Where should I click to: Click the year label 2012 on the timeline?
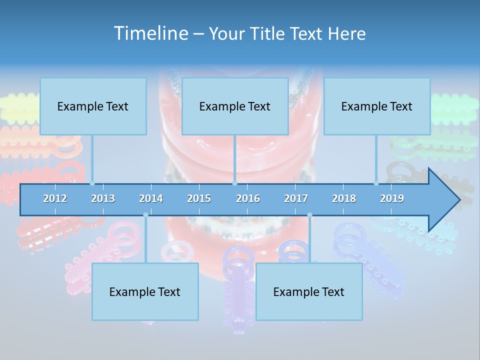[55, 198]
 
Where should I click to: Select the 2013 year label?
[103, 198]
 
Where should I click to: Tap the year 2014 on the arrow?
[151, 198]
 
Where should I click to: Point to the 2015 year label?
[199, 198]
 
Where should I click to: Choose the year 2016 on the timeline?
[248, 198]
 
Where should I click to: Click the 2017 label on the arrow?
[296, 198]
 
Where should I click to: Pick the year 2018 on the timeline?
[344, 198]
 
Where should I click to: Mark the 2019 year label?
[392, 198]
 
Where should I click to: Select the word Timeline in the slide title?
[150, 33]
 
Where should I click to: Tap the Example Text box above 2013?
[93, 106]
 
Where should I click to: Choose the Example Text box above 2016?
[235, 106]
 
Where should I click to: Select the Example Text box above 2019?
[377, 106]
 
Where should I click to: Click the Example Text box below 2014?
[145, 291]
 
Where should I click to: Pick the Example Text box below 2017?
[309, 291]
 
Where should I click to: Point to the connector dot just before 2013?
[92, 183]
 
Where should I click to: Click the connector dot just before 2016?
[234, 183]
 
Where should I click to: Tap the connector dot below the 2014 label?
[145, 215]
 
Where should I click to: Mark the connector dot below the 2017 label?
[309, 215]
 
